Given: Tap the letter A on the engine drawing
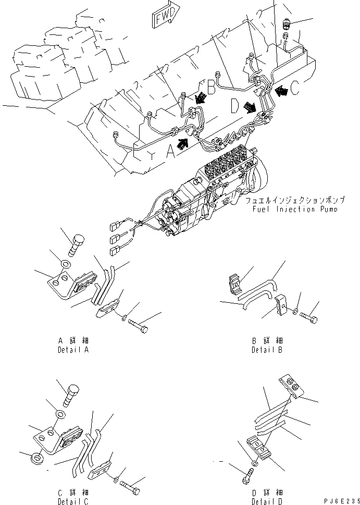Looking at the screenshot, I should [170, 151].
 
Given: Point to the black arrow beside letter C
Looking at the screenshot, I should [282, 91].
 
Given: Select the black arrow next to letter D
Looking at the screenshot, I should [250, 107].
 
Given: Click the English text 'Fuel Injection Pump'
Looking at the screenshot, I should [293, 210].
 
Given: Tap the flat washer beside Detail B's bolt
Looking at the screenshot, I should [295, 312].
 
